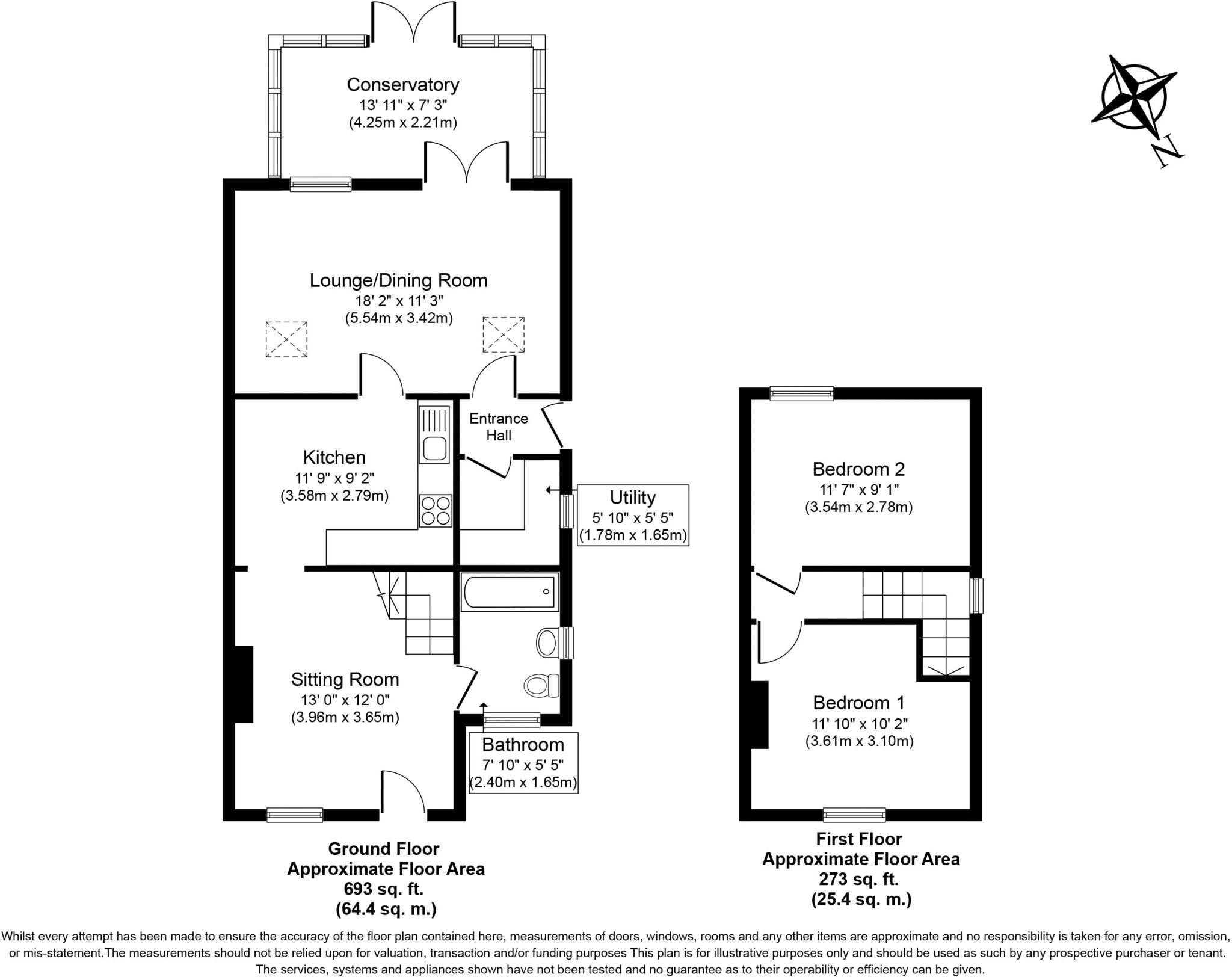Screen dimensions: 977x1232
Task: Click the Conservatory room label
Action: (402, 85)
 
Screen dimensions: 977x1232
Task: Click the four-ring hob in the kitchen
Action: (435, 510)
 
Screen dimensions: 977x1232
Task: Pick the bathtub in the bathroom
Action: (510, 592)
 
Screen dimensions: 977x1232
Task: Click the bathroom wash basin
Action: (547, 643)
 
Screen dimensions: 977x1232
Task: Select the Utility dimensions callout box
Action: (632, 515)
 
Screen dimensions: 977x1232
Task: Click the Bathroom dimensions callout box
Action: (523, 763)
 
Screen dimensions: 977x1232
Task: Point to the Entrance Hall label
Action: (499, 427)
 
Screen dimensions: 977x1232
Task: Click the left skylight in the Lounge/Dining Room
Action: (286, 339)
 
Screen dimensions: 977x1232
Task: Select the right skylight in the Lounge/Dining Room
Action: (504, 334)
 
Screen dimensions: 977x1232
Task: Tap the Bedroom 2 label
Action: (858, 469)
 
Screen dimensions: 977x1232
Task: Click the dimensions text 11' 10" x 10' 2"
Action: (859, 723)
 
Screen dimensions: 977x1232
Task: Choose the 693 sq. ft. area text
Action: (383, 889)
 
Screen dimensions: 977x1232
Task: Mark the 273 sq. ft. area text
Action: (858, 879)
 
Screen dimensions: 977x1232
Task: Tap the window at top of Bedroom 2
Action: (801, 393)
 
